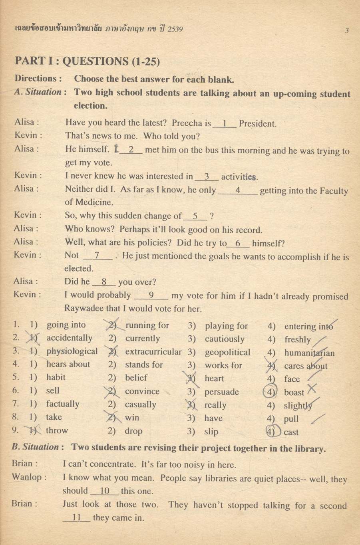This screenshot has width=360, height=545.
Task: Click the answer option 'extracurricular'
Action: (153, 352)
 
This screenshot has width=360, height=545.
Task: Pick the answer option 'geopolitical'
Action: (227, 352)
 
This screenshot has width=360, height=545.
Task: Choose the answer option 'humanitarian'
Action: (309, 353)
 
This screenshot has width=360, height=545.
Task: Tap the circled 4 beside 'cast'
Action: (272, 432)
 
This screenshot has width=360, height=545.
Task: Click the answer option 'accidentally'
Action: (70, 338)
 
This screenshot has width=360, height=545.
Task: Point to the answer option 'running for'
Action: (147, 325)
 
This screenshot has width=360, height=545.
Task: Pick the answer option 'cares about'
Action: (305, 366)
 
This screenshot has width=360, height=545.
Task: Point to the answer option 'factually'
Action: (63, 404)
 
